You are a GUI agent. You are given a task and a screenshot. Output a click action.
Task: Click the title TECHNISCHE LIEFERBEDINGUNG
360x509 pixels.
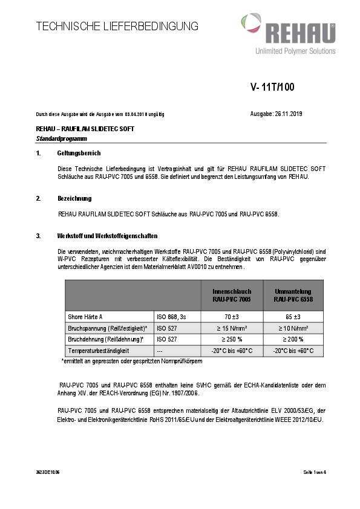pos(117,26)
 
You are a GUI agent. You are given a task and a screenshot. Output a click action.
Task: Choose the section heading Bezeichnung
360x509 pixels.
pos(74,198)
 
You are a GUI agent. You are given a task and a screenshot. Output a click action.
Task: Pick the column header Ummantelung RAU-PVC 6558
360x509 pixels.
pos(293,295)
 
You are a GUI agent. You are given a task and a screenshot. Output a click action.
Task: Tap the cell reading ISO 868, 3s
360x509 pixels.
pos(170,316)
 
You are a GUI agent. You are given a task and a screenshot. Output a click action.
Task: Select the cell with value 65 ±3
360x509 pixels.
pos(293,316)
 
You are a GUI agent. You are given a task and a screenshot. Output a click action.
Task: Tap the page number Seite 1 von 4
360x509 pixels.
pos(315,472)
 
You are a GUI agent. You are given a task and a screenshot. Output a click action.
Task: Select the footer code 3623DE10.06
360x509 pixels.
pos(48,472)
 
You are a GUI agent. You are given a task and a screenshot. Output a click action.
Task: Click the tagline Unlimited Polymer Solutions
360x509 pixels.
pos(295,51)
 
